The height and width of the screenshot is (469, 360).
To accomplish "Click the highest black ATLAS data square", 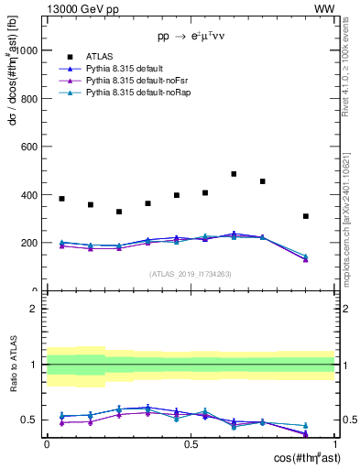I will click(x=234, y=174).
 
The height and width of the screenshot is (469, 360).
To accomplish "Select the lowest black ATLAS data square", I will click(x=306, y=216).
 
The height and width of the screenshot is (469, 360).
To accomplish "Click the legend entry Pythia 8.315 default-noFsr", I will click(x=139, y=82).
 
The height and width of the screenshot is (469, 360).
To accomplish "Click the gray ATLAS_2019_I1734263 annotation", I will click(x=191, y=274).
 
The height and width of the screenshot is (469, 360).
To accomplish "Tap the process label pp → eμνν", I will click(x=191, y=37).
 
